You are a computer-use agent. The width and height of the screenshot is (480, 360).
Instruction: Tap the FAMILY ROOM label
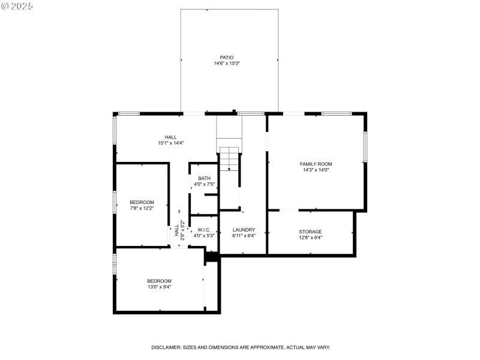tap(316, 164)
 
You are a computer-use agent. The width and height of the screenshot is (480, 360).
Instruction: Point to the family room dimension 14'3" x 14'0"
tap(316, 170)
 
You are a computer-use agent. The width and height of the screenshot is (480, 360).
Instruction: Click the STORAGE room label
tap(310, 232)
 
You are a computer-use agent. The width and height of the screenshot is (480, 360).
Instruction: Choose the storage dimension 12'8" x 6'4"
tap(310, 238)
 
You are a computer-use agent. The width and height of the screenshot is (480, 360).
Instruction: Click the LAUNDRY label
tap(244, 230)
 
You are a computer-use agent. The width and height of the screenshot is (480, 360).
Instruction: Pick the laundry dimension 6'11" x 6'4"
tap(244, 236)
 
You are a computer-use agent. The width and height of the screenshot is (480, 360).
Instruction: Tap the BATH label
tap(205, 178)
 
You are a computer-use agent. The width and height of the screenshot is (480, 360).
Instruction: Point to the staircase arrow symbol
tap(229, 169)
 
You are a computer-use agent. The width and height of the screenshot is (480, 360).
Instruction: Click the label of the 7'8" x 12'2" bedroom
tap(142, 202)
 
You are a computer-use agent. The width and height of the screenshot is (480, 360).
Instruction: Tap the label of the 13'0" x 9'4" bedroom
tap(159, 281)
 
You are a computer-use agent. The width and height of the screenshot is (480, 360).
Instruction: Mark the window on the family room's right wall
tap(364, 146)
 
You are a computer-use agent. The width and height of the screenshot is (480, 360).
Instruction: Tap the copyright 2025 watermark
tap(17, 5)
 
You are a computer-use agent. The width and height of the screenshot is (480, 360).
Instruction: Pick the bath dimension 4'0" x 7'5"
tap(205, 184)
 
